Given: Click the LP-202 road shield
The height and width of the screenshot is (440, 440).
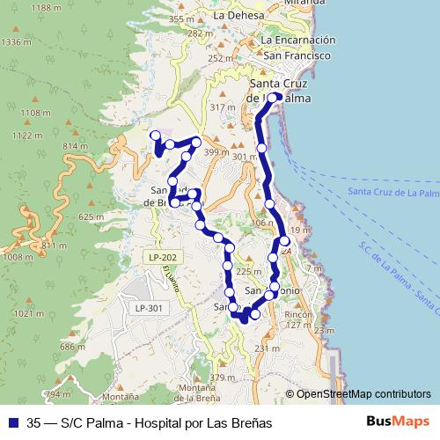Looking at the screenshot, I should coord(162,257).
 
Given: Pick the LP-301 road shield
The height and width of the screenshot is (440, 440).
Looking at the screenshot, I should coord(148,308).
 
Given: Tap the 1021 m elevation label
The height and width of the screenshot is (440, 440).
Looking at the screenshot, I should coord(30,313).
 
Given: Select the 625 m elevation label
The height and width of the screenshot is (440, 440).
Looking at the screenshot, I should coord(92,216).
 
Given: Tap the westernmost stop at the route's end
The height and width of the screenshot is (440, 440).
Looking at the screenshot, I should coord(156,136).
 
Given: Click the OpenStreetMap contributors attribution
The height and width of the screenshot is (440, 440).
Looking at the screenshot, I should coord(363,394).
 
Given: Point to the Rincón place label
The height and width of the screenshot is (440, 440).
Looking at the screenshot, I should coord(299,314).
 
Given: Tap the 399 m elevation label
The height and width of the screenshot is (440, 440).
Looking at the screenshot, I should coord(216,152).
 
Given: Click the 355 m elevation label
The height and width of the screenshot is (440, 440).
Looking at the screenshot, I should coord(181,18).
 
